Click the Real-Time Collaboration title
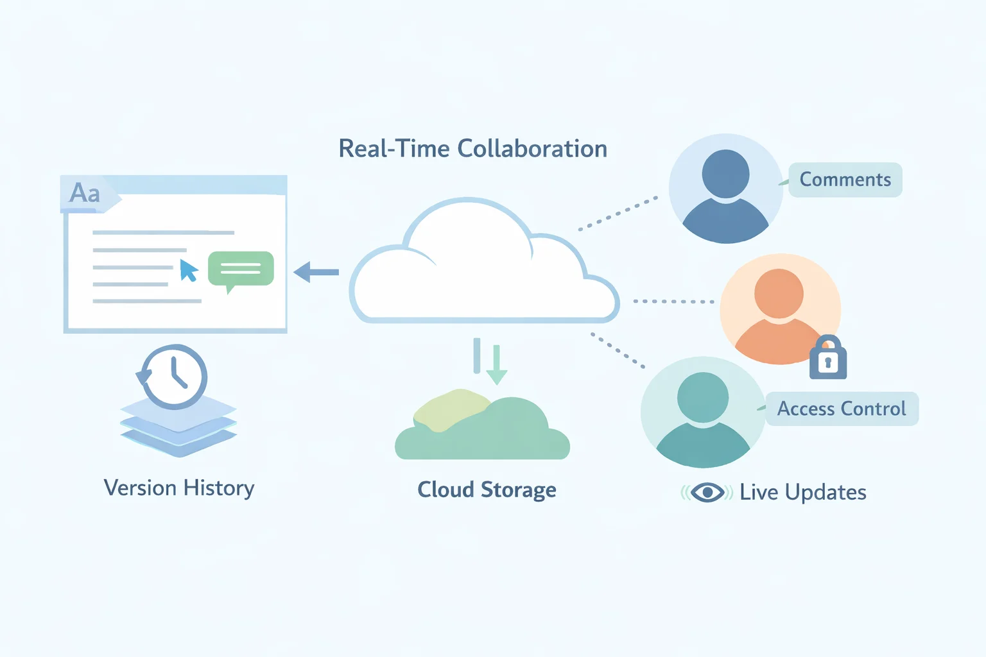[x=472, y=149]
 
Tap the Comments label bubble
[x=845, y=180]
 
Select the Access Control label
[x=842, y=409]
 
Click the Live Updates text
[x=802, y=492]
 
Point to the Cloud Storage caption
[x=487, y=490]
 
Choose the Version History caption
[x=179, y=488]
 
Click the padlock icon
[x=827, y=359]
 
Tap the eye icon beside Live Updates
[x=707, y=493]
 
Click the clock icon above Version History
[x=174, y=377]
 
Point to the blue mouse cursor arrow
[x=188, y=270]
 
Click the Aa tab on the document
[x=85, y=193]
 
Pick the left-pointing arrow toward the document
[x=316, y=272]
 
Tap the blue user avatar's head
[x=725, y=174]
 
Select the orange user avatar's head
[x=779, y=293]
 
